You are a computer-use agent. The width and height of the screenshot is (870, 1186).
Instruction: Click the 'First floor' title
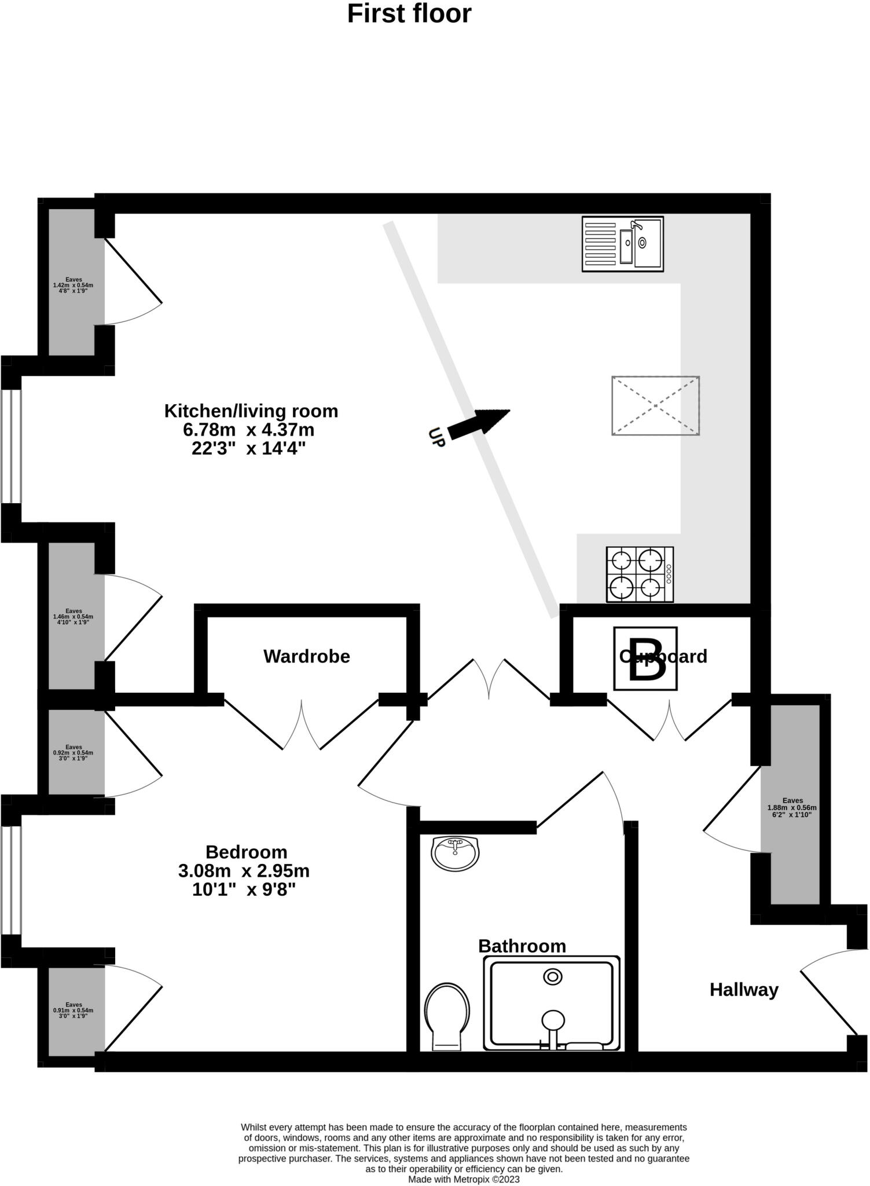(409, 14)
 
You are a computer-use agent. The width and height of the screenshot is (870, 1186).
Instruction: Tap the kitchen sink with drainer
(622, 244)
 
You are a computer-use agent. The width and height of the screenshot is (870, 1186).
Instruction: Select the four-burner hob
(640, 574)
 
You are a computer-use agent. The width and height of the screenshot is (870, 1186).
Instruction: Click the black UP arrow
(479, 423)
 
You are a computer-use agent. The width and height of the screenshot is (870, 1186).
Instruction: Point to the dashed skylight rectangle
(655, 405)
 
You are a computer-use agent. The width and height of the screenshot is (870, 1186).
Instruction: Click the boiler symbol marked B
(645, 659)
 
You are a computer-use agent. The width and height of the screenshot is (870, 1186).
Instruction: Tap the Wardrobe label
(306, 656)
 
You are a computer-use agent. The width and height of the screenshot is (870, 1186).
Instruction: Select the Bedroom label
(247, 852)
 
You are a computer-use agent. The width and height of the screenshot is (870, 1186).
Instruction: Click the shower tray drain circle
(553, 977)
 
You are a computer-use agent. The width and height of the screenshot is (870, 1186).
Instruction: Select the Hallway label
(744, 990)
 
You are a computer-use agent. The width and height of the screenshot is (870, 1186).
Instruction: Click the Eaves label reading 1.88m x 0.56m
(792, 808)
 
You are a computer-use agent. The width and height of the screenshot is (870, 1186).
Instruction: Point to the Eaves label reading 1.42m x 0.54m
(73, 285)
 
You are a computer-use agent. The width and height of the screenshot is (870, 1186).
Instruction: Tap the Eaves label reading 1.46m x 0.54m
(73, 617)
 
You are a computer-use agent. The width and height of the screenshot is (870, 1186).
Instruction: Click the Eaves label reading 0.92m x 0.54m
(73, 753)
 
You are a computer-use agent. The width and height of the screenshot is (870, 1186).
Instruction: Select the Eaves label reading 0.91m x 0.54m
(73, 1011)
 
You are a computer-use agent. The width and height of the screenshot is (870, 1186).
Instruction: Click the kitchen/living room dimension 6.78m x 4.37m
(249, 430)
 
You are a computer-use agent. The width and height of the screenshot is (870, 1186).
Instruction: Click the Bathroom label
(522, 946)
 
